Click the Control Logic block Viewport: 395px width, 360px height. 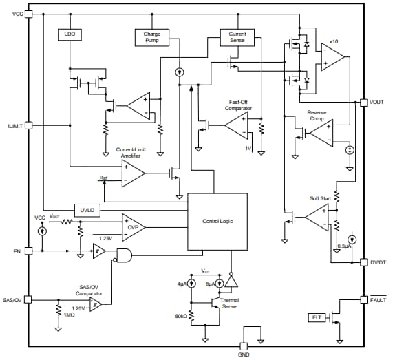point(217,221)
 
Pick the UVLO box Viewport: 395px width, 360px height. point(86,209)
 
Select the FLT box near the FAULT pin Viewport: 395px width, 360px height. point(317,317)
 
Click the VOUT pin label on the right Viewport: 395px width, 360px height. point(376,103)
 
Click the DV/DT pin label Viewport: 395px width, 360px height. point(378,262)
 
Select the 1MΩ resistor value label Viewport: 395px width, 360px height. point(68,315)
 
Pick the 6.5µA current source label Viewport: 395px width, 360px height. point(344,246)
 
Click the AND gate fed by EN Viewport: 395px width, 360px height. point(125,255)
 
